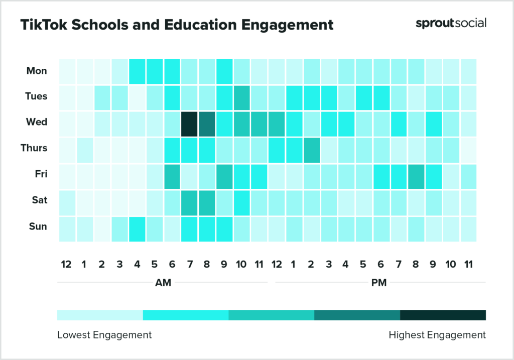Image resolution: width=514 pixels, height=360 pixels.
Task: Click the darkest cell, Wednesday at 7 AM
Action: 189,124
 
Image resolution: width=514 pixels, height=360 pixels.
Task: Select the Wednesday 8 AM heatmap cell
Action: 207,124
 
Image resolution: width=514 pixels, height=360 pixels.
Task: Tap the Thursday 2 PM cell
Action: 311,150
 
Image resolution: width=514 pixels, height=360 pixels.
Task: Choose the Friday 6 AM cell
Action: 172,176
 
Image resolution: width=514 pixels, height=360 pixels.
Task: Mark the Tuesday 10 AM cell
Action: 241,97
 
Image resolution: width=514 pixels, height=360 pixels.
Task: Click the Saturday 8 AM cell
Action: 207,202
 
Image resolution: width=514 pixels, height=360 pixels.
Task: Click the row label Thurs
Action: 34,148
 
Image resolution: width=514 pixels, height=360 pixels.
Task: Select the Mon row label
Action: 37,71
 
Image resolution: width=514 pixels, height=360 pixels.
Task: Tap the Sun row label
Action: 38,226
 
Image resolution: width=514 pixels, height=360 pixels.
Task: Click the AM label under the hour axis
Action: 163,283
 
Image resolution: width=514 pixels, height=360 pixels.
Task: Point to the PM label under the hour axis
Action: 379,283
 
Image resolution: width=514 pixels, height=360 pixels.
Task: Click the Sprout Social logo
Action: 450,24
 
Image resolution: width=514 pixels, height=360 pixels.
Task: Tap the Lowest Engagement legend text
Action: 104,335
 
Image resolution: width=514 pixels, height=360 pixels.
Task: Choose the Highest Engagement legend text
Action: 437,335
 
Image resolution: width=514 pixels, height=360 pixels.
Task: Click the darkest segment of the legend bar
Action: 443,315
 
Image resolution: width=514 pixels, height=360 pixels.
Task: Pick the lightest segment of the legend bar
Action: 100,315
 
